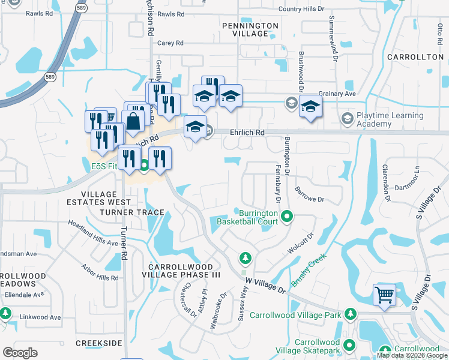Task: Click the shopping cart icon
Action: pyautogui.click(x=384, y=295)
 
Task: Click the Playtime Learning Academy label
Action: pyautogui.click(x=390, y=119)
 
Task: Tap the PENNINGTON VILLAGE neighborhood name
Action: pyautogui.click(x=250, y=29)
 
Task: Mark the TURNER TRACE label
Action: pyautogui.click(x=132, y=212)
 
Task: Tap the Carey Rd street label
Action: pyautogui.click(x=170, y=43)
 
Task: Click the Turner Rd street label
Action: pyautogui.click(x=125, y=247)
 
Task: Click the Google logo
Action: pyautogui.click(x=20, y=352)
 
